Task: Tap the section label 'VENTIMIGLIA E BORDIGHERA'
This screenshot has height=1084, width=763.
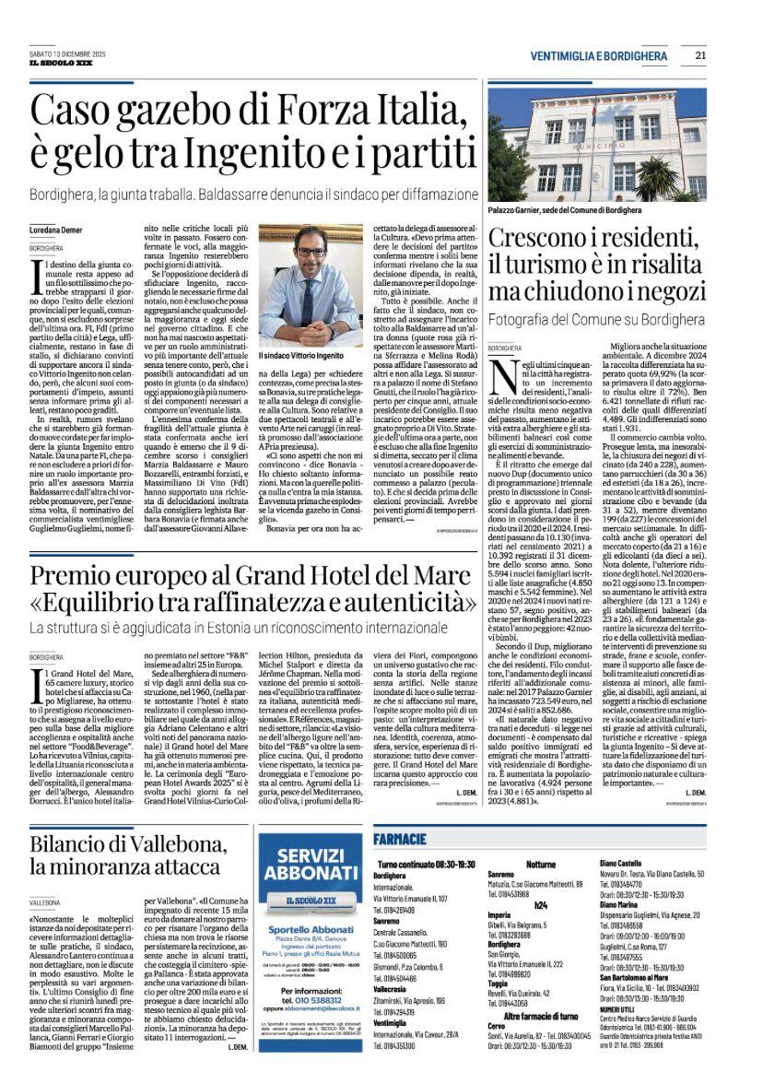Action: tap(599, 56)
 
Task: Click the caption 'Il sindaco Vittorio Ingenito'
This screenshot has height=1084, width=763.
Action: tap(301, 354)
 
